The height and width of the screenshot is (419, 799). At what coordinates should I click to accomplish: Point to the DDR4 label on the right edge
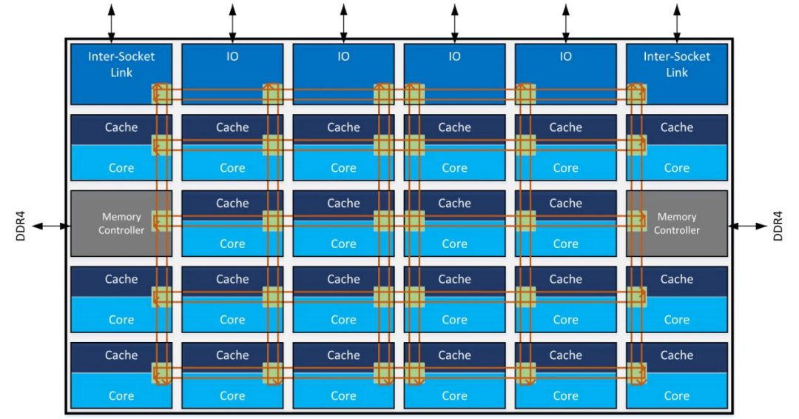click(x=778, y=225)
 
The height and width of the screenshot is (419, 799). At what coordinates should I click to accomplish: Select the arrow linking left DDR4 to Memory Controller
click(x=52, y=225)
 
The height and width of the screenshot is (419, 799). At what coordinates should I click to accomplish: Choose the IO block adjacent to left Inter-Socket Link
click(x=232, y=73)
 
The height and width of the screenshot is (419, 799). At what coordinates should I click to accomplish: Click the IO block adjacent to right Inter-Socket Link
click(x=566, y=73)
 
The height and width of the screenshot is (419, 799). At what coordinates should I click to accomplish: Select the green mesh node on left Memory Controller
click(x=161, y=221)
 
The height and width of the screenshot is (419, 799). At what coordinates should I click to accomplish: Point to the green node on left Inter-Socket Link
click(x=161, y=94)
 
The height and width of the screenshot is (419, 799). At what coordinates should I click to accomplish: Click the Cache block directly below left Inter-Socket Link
click(x=111, y=127)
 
